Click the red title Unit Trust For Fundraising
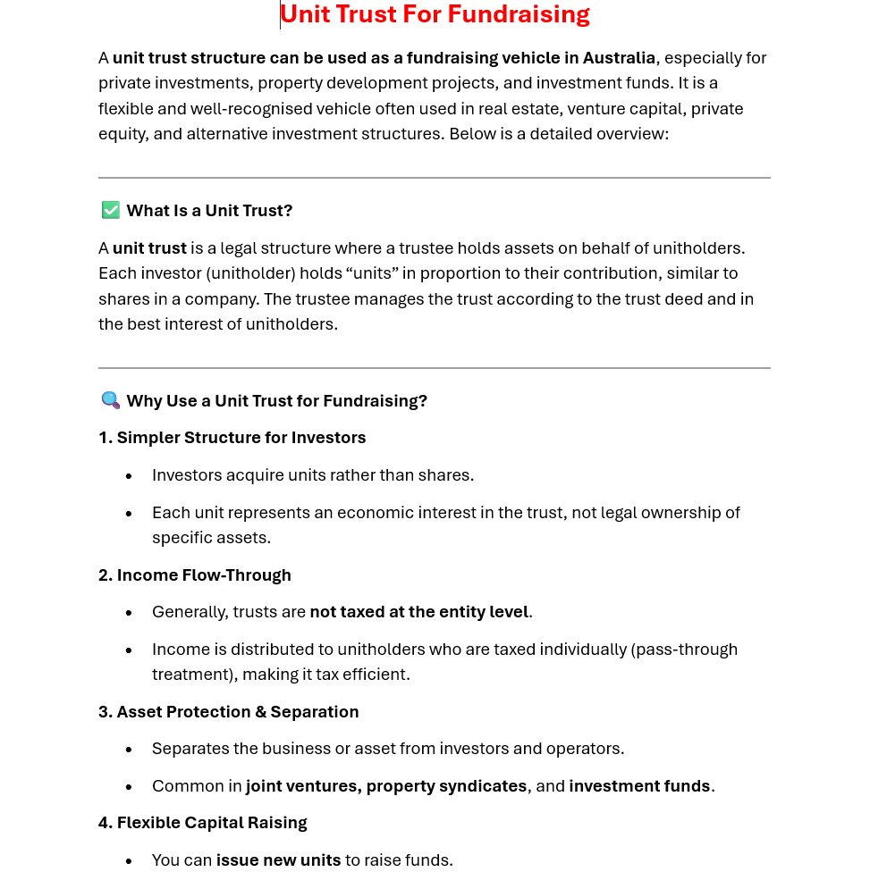[x=435, y=14]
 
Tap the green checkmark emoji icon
[x=110, y=210]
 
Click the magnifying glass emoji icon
[x=110, y=400]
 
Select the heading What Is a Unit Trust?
[x=209, y=211]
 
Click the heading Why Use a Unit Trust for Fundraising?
[x=276, y=401]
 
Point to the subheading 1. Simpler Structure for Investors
[x=232, y=438]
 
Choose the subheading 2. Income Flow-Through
[x=195, y=575]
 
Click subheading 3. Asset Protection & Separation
[x=228, y=712]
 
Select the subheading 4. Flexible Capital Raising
[x=202, y=823]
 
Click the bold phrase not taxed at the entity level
[x=418, y=612]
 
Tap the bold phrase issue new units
[x=278, y=860]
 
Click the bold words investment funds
[x=639, y=786]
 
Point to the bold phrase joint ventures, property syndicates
[x=386, y=786]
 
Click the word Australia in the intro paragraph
[x=619, y=58]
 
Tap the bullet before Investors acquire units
[x=129, y=476]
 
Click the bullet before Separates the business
[x=129, y=750]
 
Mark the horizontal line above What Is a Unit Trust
[x=435, y=178]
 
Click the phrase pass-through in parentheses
[x=684, y=650]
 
